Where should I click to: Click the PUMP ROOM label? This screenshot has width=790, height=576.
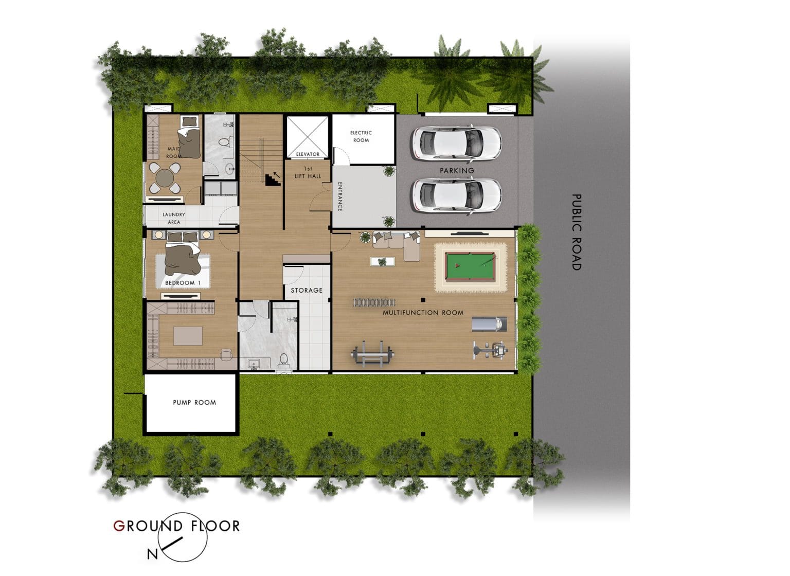194,403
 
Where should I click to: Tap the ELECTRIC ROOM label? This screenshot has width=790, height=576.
361,136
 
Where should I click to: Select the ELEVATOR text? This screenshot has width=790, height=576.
308,154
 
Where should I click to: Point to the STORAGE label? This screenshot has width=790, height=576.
307,291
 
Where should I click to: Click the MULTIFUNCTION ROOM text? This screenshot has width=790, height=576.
423,313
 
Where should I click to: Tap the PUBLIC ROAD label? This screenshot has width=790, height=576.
577,232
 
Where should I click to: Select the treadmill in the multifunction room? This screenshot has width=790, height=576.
489,324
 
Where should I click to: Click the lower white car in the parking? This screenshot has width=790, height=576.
456,195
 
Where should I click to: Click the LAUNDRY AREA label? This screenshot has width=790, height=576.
174,218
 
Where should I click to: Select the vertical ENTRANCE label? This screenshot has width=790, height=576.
340,196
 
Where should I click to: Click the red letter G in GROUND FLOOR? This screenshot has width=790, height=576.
119,526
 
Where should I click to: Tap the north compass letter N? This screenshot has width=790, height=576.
152,554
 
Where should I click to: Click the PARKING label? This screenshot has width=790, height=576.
457,171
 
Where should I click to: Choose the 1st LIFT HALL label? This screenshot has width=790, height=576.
308,172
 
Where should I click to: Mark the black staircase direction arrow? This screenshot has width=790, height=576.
276,175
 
